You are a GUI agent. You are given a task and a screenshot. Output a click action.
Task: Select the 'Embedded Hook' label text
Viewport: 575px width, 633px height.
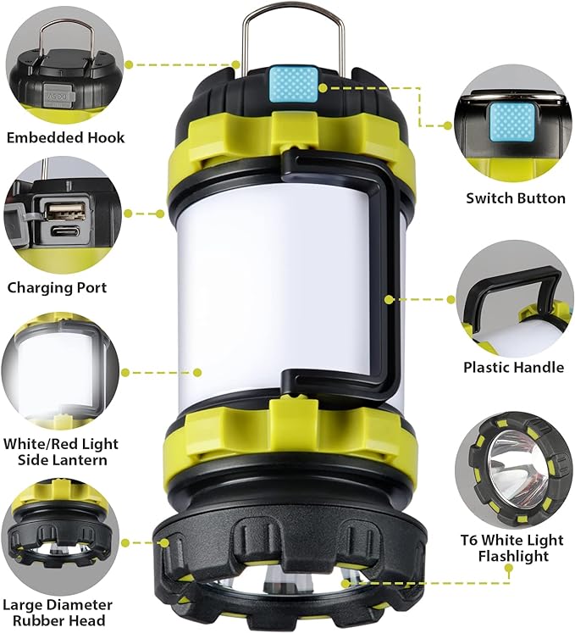click(65, 137)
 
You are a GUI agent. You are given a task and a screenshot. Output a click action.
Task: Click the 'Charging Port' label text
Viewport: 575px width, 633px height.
click(57, 287)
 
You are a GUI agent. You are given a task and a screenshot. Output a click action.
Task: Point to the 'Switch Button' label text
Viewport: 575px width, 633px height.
click(516, 198)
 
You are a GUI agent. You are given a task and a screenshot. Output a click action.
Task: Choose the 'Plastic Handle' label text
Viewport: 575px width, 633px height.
click(513, 367)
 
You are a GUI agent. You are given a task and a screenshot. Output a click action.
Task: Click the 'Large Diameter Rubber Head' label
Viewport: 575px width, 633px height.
click(57, 613)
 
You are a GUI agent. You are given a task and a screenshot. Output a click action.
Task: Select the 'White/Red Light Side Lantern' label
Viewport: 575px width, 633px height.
click(60, 452)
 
